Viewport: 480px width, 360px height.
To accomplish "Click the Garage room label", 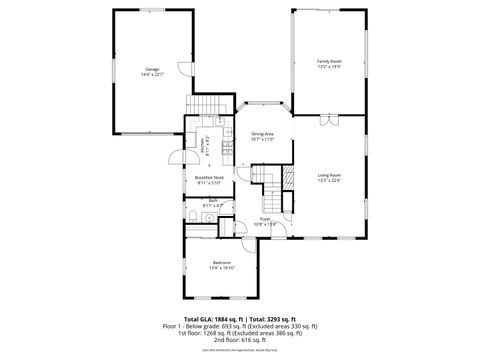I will click(x=152, y=68).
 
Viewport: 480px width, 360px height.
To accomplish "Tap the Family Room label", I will click(x=329, y=61).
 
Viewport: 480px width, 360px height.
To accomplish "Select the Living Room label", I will click(x=329, y=175).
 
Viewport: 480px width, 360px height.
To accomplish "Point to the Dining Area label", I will click(x=263, y=133).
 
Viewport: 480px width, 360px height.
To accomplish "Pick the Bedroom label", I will click(x=221, y=262).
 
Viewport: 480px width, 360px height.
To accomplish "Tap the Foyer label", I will click(x=265, y=218).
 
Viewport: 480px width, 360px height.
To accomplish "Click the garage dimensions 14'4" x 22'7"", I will click(x=152, y=74).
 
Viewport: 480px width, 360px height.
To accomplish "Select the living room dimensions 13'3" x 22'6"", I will click(x=329, y=181).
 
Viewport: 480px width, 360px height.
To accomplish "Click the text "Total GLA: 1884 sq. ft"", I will click(x=211, y=317).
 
